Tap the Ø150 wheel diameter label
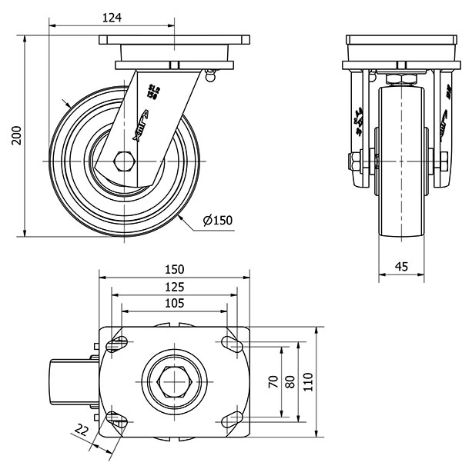[x=218, y=221]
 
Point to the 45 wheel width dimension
[x=401, y=266]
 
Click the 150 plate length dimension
[x=174, y=269]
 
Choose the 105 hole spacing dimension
[x=174, y=304]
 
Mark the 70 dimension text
[x=273, y=382]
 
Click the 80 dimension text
[x=290, y=382]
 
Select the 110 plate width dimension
[x=308, y=382]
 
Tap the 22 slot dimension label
[x=82, y=428]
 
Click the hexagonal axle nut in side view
[x=122, y=161]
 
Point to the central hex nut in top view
[x=174, y=382]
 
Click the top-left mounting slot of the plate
[x=119, y=344]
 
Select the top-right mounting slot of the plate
[x=230, y=344]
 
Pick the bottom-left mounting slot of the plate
[x=119, y=420]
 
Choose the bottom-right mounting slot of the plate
[x=230, y=420]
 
